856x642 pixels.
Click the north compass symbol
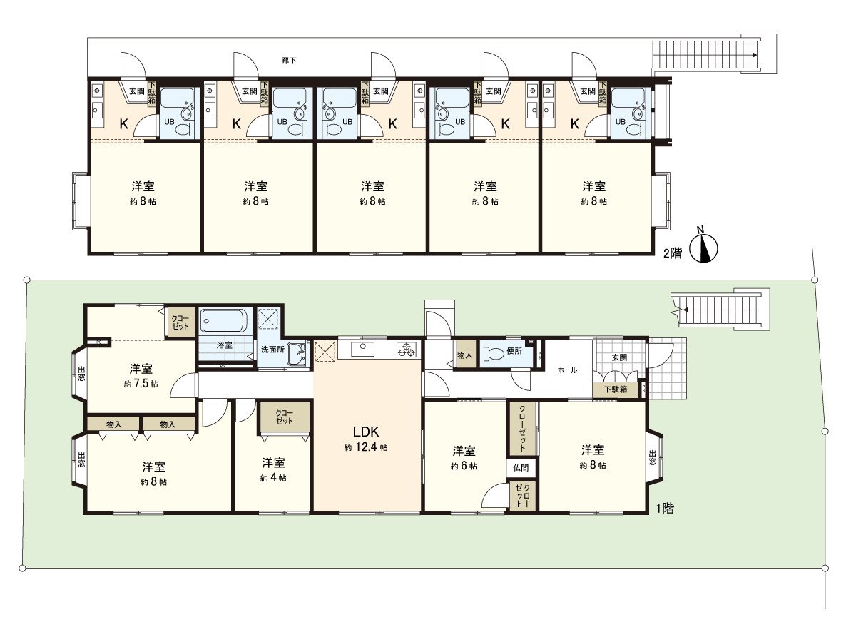[706, 247]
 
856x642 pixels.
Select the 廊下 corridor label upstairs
[288, 61]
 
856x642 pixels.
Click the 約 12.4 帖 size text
[366, 448]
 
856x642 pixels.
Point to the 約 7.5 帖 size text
[141, 384]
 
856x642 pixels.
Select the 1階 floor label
[665, 509]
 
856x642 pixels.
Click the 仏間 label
[521, 469]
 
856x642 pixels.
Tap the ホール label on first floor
[567, 370]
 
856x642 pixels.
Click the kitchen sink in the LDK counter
[363, 349]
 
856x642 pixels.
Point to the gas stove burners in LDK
[407, 350]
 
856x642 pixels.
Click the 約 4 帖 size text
[273, 478]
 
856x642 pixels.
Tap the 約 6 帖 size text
[464, 466]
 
